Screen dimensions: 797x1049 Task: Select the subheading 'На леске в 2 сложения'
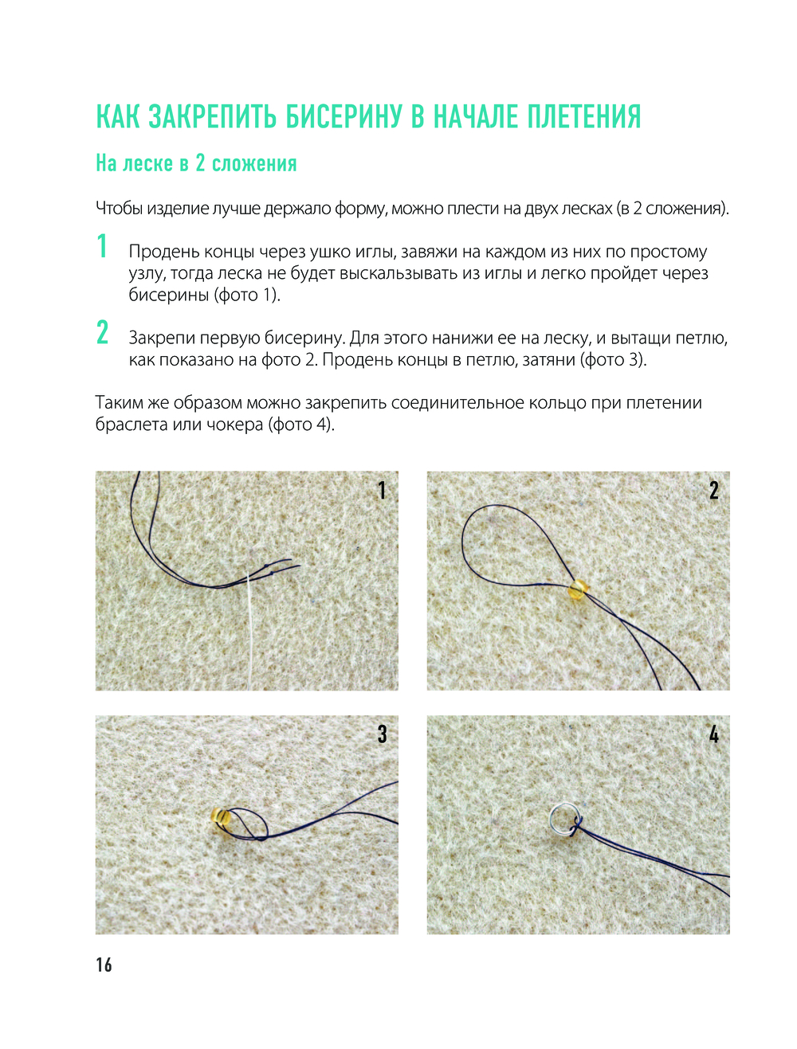[196, 163]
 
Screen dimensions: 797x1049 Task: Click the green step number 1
[102, 247]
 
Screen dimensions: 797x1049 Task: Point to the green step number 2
[102, 333]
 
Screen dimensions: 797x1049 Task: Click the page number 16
[104, 965]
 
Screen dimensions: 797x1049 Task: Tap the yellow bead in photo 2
[578, 589]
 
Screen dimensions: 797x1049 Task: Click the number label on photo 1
[382, 491]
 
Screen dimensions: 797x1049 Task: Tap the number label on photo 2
[713, 491]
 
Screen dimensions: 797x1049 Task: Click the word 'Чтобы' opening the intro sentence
[119, 209]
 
